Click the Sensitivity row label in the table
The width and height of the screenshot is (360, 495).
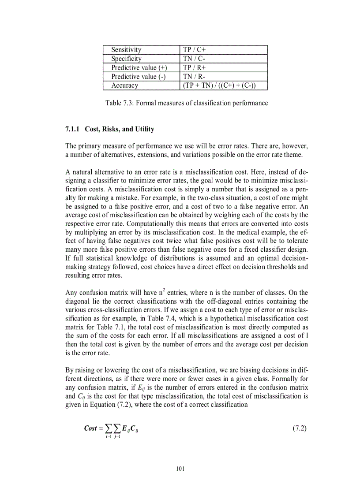point(126,50)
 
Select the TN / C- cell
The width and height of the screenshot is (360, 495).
point(195,59)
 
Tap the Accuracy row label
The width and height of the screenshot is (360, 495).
point(124,86)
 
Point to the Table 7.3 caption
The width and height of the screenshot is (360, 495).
point(186,103)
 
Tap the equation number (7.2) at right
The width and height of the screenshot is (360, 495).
point(300,428)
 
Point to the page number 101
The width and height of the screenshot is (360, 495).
point(180,469)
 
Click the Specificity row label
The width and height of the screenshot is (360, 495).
point(126,59)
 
